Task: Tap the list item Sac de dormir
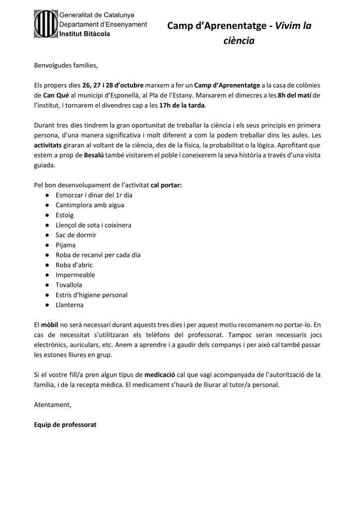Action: (x=76, y=235)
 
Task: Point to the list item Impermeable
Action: (x=75, y=274)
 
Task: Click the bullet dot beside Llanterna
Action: (x=46, y=304)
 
